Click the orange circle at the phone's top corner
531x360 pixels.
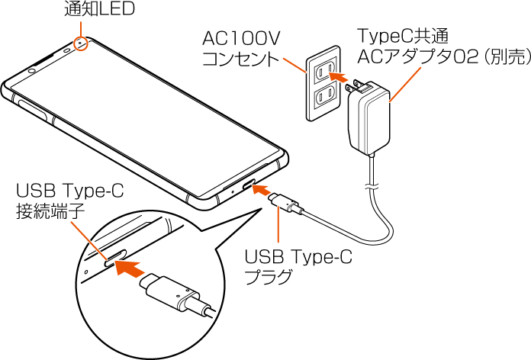click(81, 44)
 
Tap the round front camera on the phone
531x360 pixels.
click(32, 71)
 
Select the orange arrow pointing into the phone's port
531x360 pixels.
click(261, 189)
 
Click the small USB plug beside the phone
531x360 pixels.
click(288, 204)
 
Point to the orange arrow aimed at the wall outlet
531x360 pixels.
click(340, 77)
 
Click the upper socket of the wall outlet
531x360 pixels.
click(323, 71)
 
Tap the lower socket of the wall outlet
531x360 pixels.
click(323, 95)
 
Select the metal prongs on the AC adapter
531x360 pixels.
click(352, 87)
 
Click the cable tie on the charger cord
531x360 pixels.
click(372, 185)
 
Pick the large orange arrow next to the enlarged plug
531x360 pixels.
click(129, 268)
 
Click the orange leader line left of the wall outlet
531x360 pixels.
click(294, 65)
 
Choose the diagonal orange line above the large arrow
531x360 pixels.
click(88, 240)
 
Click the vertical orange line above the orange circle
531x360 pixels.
click(80, 28)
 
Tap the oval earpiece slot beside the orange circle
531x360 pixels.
click(67, 50)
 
